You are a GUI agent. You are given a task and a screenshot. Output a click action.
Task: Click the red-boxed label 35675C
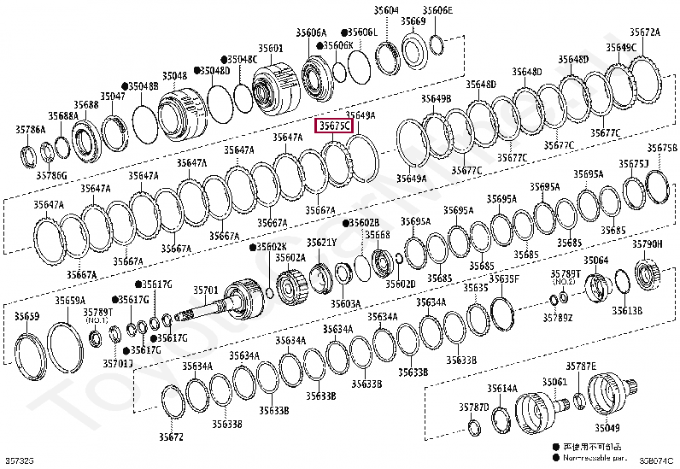click(333, 125)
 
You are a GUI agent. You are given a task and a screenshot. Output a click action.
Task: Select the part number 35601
click(271, 48)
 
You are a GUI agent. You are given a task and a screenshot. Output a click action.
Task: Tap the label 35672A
click(645, 32)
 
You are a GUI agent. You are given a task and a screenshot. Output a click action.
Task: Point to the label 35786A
click(30, 129)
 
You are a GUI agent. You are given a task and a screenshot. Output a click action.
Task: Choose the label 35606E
click(437, 10)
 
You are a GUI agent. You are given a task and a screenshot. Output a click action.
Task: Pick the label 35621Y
click(321, 243)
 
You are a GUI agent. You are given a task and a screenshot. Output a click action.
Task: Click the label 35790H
click(647, 244)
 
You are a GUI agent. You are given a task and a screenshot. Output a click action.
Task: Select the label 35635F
click(503, 278)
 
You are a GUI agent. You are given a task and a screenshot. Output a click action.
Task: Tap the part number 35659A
click(70, 301)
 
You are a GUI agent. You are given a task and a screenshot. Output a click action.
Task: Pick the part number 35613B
click(627, 311)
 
